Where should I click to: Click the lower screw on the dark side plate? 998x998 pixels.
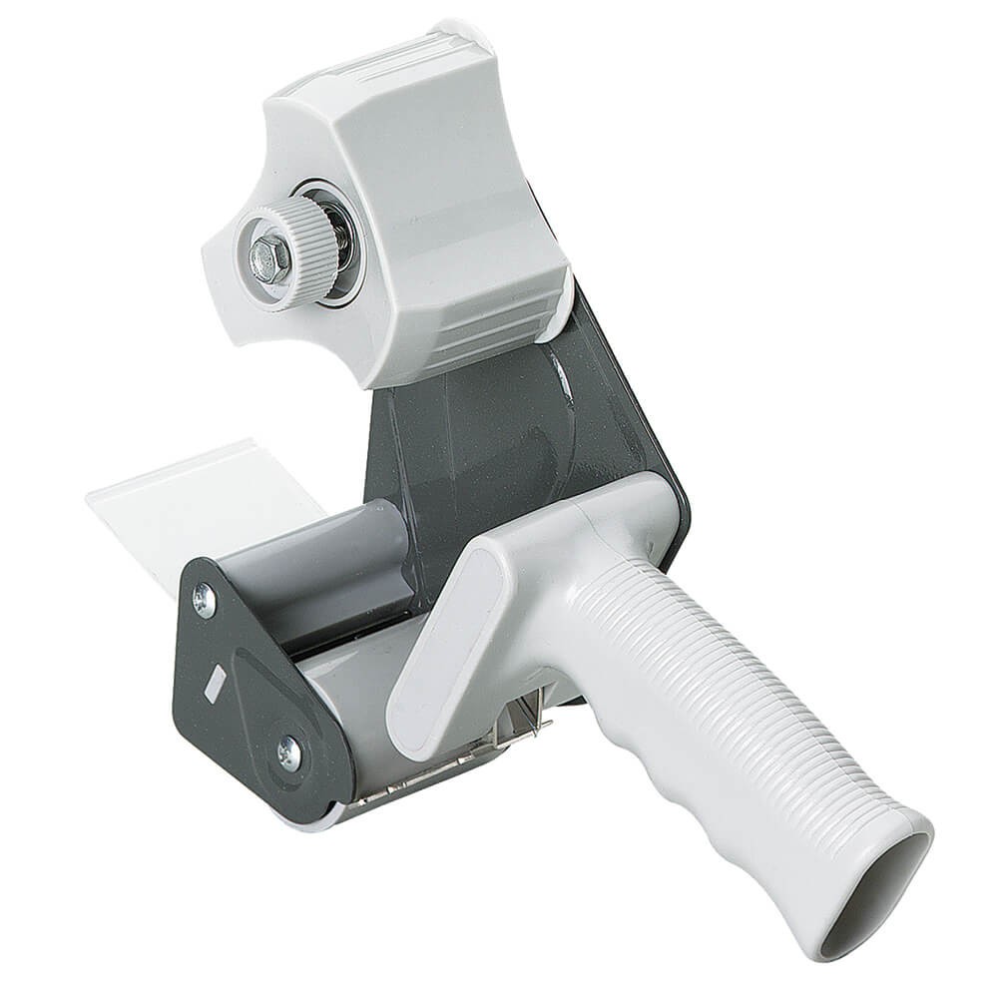click(x=289, y=752)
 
